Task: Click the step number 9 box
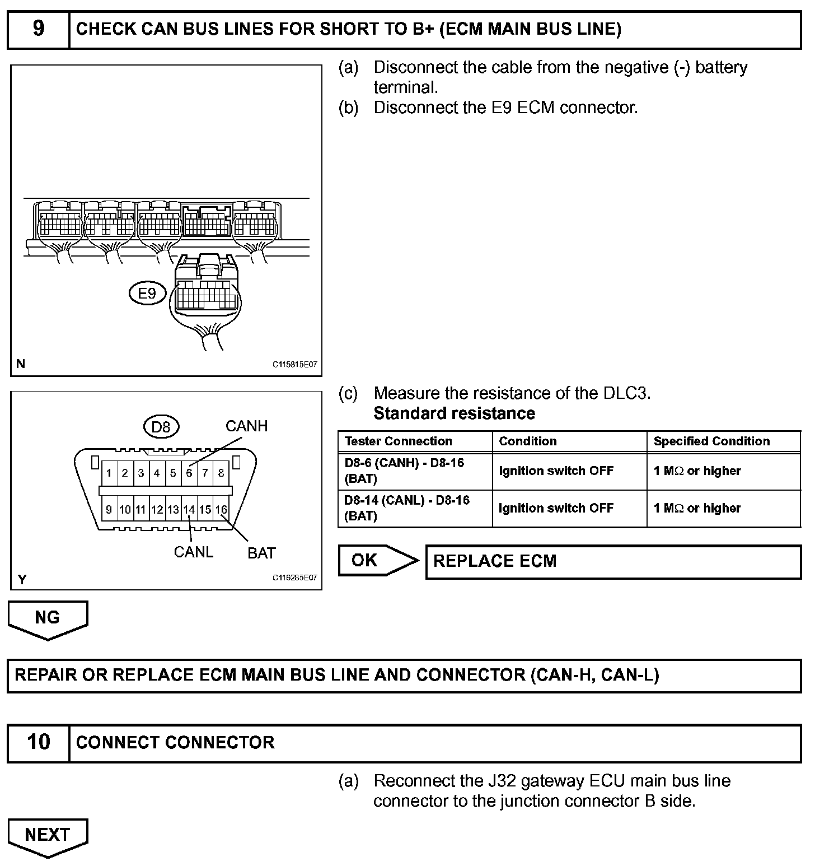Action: (x=38, y=29)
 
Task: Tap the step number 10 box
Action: (x=38, y=742)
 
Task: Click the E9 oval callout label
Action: (x=147, y=293)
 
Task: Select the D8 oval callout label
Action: (x=161, y=427)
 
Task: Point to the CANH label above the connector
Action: (x=246, y=426)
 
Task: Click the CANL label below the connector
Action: (x=193, y=552)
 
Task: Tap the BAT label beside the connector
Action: (x=261, y=553)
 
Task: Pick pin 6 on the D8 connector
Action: (x=189, y=473)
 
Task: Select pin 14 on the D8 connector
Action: (x=189, y=510)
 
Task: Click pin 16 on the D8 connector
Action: (x=221, y=510)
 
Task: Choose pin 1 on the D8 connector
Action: (x=109, y=473)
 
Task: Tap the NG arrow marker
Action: (x=48, y=618)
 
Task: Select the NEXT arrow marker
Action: (x=48, y=836)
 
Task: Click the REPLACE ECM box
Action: (x=613, y=561)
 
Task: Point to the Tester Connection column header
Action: (x=399, y=441)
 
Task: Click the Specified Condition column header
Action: (x=711, y=441)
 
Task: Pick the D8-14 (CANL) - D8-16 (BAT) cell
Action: (x=407, y=508)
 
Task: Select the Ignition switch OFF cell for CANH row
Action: (x=556, y=471)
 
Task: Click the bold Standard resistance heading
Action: (x=454, y=413)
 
